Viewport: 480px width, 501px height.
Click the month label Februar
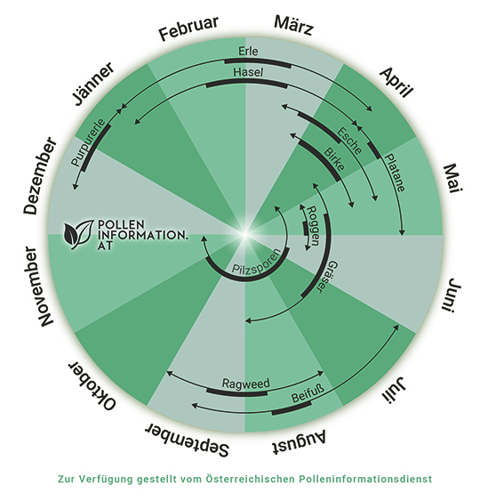pos(189,28)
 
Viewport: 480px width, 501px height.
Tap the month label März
pos(293,25)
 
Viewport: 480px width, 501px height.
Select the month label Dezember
pos(40,175)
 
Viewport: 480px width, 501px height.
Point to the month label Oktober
pos(92,386)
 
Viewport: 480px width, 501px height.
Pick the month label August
pos(299,442)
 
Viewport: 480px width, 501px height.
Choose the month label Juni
pos(452,295)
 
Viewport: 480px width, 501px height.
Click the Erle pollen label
pos(248,51)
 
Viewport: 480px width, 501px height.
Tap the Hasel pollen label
pos(248,72)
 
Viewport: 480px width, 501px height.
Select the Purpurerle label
pos(88,142)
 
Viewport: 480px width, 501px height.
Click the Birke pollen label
pos(334,159)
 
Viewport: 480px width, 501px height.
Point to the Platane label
pos(395,173)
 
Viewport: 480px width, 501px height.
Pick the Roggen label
pos(313,226)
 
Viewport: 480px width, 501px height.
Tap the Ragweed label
pos(245,384)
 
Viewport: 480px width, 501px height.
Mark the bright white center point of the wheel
pos(245,234)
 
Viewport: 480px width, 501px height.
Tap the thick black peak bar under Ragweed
pos(237,393)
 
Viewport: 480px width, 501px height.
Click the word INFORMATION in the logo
pos(142,235)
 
